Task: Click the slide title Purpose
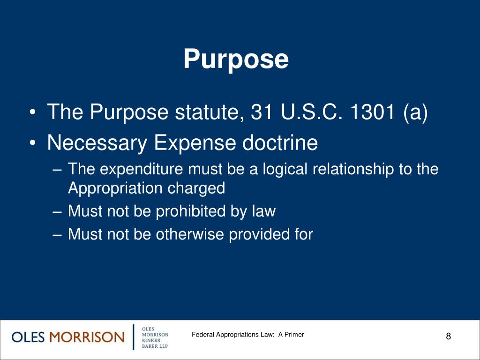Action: pos(236,60)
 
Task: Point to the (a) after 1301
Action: pos(415,112)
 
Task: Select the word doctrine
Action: pos(279,143)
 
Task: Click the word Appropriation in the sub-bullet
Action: pos(114,188)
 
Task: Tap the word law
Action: pos(264,211)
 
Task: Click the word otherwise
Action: pos(190,233)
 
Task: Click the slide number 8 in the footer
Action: pos(448,336)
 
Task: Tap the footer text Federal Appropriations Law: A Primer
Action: pos(248,335)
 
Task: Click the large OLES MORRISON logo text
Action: pos(67,337)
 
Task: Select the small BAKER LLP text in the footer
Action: pos(154,346)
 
